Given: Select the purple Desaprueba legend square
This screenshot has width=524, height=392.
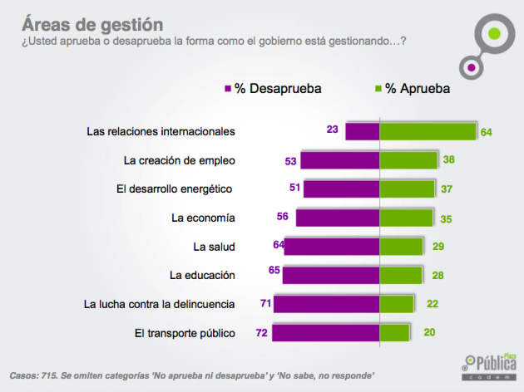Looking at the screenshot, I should (x=227, y=88).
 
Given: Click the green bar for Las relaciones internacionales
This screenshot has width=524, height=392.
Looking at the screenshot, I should (x=428, y=131).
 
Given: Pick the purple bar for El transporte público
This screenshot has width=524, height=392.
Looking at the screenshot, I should (x=325, y=333).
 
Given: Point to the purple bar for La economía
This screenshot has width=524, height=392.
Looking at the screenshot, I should (x=338, y=218).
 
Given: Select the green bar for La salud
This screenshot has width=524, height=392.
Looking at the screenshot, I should (x=402, y=247).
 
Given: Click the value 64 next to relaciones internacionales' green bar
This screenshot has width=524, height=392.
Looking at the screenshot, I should (x=487, y=132).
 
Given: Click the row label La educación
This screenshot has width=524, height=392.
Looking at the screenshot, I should (x=202, y=275).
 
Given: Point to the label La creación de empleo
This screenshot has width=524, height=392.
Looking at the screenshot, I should (x=179, y=159).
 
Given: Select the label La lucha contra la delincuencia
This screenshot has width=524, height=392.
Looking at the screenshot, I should (x=160, y=304).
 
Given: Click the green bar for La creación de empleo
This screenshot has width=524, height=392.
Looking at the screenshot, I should (x=408, y=160).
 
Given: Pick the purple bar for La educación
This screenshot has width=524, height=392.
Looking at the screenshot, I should (x=331, y=275).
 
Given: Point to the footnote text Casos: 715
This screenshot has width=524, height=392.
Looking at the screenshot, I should (x=38, y=374).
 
